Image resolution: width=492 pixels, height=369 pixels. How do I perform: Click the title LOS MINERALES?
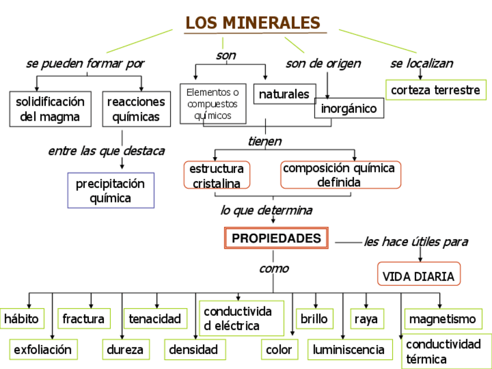(x=253, y=23)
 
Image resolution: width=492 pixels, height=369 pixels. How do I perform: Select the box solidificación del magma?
(x=50, y=109)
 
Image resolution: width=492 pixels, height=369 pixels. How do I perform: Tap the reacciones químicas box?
(x=136, y=109)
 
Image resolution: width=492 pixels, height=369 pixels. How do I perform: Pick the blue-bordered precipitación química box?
(x=111, y=190)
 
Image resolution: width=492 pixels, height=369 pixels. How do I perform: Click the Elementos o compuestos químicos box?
(x=213, y=104)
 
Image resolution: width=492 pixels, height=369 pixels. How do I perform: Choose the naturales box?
(x=284, y=94)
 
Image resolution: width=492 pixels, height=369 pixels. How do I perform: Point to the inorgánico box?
(x=349, y=108)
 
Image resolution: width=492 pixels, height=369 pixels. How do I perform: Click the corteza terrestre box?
(x=436, y=90)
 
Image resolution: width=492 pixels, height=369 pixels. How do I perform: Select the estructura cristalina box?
(x=217, y=175)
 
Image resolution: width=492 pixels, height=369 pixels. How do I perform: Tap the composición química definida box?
(x=340, y=175)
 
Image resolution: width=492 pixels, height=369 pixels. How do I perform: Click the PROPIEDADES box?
(x=276, y=238)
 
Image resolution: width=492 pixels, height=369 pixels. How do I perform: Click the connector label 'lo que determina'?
(x=266, y=210)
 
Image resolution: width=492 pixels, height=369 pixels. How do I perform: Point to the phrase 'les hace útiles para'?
(x=416, y=242)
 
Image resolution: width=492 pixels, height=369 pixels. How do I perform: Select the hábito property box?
(x=21, y=319)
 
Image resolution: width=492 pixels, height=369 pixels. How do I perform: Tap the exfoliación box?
(x=43, y=349)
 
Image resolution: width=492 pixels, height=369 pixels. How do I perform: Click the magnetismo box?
(x=443, y=319)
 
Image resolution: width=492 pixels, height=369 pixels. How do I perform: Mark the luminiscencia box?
(x=349, y=349)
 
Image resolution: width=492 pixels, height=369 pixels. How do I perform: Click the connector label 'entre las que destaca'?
(x=106, y=151)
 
